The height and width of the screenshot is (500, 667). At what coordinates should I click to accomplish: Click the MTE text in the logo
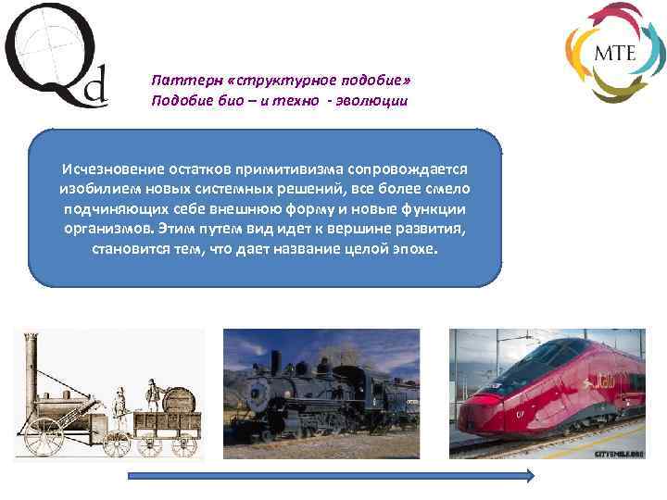tap(615, 52)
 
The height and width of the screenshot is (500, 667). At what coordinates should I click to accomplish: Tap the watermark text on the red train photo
tap(620, 454)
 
